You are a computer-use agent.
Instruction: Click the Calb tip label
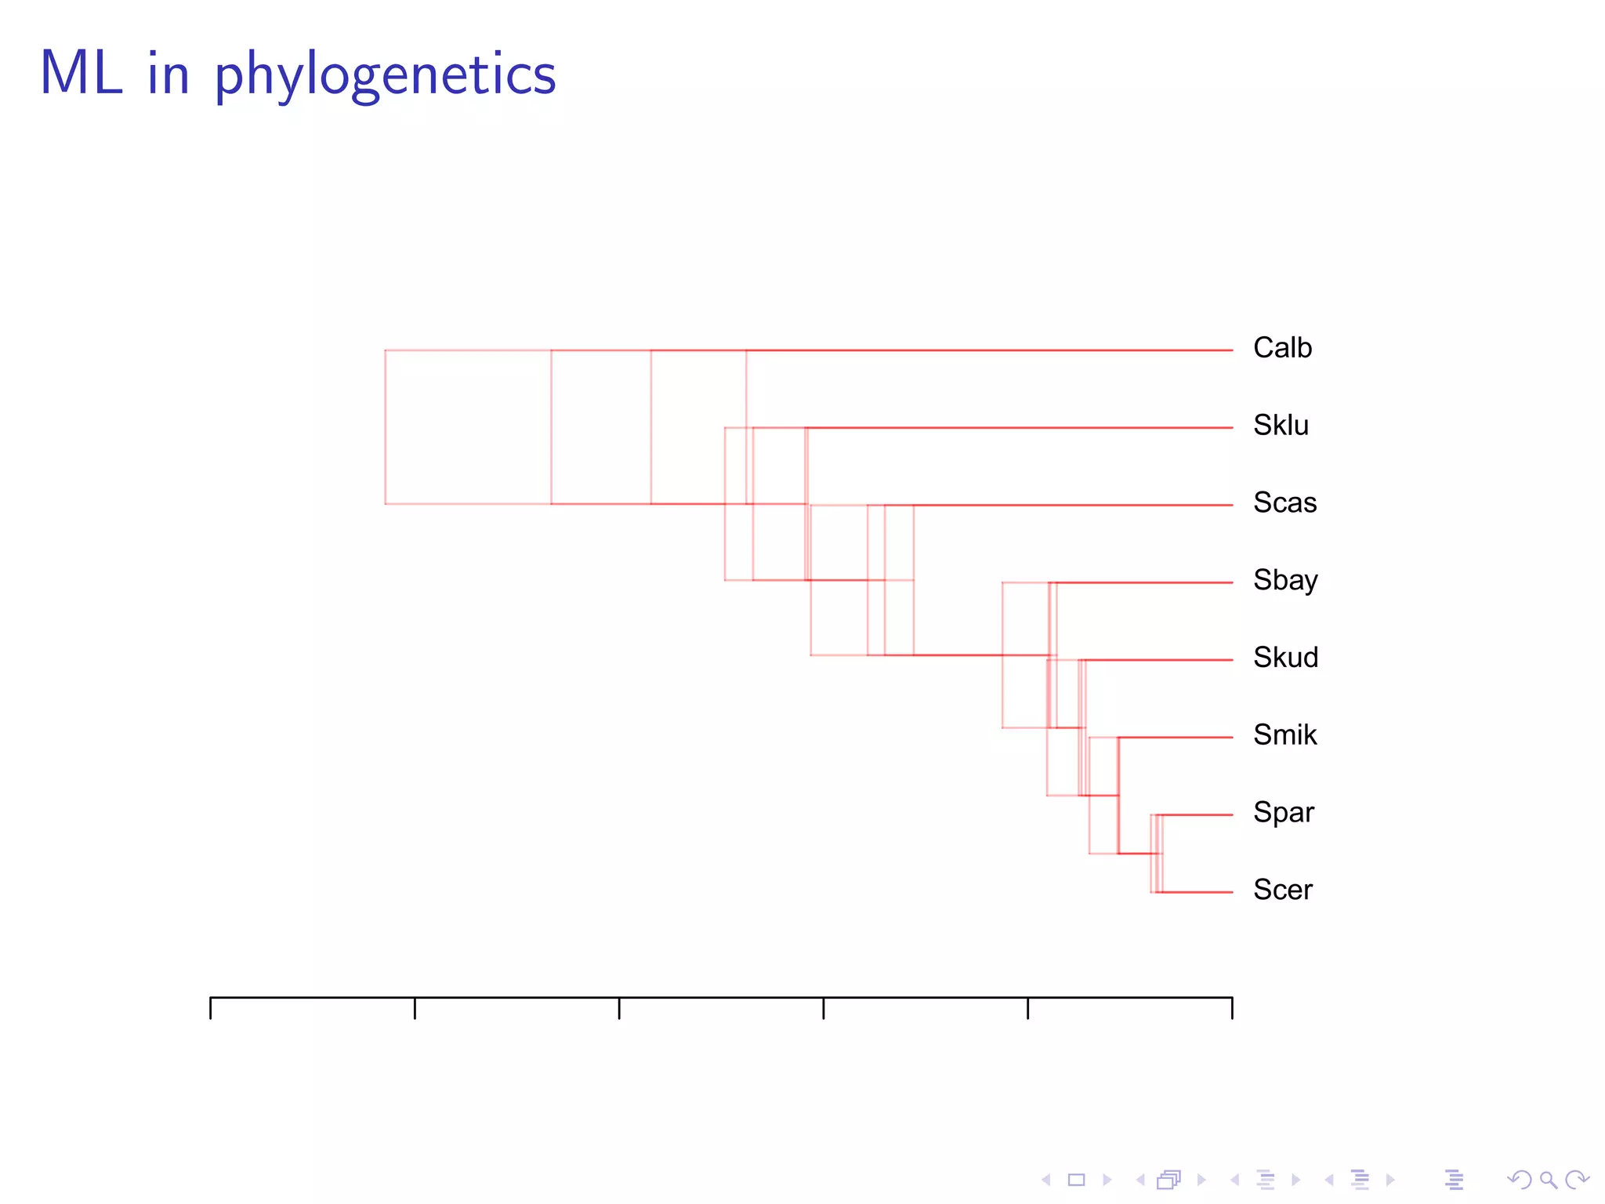point(1282,348)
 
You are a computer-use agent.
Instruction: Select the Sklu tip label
point(1281,426)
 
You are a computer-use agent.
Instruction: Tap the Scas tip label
point(1284,502)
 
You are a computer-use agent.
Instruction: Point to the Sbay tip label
point(1285,580)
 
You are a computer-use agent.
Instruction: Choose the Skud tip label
point(1285,658)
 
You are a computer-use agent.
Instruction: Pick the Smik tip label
point(1284,735)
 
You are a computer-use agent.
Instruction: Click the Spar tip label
point(1283,813)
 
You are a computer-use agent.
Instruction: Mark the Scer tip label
point(1282,890)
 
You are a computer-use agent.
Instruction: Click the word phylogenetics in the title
point(385,76)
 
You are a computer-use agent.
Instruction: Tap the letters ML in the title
point(82,74)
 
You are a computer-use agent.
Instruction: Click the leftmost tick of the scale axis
point(211,1008)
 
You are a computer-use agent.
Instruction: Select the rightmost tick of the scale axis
point(1232,1008)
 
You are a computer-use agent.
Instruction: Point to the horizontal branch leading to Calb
point(987,350)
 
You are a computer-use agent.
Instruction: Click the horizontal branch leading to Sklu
point(1019,428)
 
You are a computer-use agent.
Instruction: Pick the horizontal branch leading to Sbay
point(1144,582)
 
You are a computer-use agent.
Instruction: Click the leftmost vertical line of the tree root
point(386,427)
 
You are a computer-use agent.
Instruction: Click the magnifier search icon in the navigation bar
point(1548,1180)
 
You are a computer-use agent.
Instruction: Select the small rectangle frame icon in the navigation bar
point(1076,1180)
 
